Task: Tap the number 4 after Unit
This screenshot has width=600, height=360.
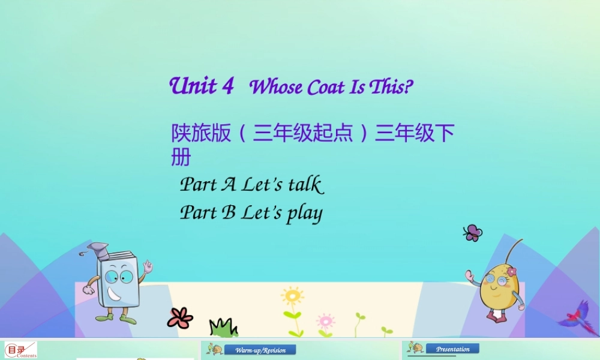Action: (227, 86)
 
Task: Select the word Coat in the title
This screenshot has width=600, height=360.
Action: (324, 88)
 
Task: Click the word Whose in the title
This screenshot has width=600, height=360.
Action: (276, 88)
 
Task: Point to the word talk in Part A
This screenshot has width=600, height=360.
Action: (305, 185)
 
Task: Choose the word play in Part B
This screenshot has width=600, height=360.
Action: (304, 214)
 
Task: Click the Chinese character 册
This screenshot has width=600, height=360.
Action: (181, 157)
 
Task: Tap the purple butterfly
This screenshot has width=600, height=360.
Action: (473, 233)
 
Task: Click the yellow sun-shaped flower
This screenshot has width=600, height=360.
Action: (292, 296)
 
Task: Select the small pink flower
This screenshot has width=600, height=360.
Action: (325, 320)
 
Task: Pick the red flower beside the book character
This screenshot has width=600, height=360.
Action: (180, 317)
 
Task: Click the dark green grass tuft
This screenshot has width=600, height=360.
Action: (223, 328)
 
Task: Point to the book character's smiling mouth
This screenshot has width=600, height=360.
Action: (115, 294)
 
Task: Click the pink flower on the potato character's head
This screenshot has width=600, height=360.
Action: (511, 272)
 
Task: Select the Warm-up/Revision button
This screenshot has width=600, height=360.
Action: (260, 350)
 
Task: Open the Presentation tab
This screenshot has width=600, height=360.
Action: (453, 349)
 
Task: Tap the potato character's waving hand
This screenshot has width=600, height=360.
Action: (470, 277)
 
